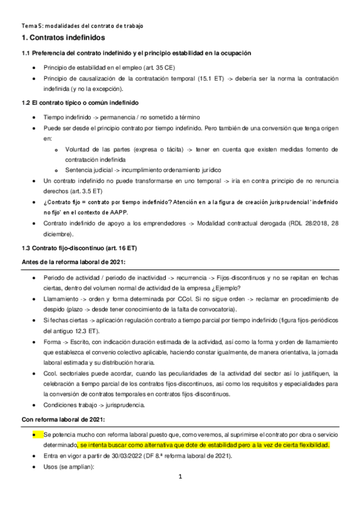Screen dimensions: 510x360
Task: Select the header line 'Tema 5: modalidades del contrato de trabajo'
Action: [82, 25]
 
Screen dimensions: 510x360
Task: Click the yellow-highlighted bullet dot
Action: [35, 434]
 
